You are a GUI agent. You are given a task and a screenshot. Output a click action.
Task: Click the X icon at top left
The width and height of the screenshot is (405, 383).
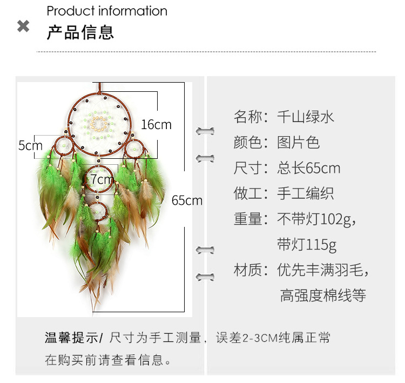pyautogui.click(x=23, y=26)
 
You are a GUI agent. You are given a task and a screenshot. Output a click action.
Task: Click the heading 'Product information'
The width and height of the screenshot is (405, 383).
pyautogui.click(x=107, y=11)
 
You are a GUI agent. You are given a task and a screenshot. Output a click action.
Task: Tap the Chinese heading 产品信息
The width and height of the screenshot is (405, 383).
pyautogui.click(x=80, y=32)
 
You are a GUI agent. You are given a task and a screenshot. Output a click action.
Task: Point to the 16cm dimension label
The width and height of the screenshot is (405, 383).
pyautogui.click(x=156, y=124)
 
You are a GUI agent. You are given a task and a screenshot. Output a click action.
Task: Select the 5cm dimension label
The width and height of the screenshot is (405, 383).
pyautogui.click(x=30, y=145)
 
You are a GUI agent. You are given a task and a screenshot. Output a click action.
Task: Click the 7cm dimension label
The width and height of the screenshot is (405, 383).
pyautogui.click(x=102, y=179)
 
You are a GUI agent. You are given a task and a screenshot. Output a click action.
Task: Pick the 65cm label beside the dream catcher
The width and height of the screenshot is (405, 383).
pyautogui.click(x=187, y=200)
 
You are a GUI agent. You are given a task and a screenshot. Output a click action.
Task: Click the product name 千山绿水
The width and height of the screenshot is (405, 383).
pyautogui.click(x=306, y=116)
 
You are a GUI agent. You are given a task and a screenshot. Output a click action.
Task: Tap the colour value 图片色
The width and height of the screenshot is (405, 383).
pyautogui.click(x=298, y=142)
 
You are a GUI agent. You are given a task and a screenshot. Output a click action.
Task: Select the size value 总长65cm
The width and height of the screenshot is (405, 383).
pyautogui.click(x=309, y=168)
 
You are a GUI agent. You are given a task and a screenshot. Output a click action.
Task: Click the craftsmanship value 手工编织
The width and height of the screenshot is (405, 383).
pyautogui.click(x=305, y=193)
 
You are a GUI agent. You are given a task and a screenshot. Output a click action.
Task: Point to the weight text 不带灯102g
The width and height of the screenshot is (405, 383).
pyautogui.click(x=315, y=219)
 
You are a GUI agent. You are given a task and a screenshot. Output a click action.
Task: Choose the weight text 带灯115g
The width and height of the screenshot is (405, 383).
pyautogui.click(x=307, y=245)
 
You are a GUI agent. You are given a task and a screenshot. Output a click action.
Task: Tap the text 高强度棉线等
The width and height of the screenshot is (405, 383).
pyautogui.click(x=323, y=295)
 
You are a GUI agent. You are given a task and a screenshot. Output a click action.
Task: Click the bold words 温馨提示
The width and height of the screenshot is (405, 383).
pyautogui.click(x=72, y=338)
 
